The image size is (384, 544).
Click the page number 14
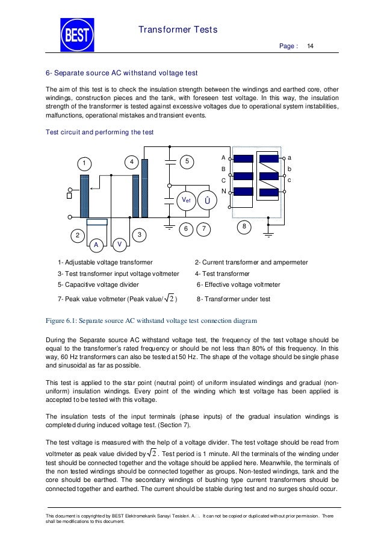[311, 46]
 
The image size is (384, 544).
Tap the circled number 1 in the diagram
[85, 163]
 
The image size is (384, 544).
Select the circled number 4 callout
[132, 161]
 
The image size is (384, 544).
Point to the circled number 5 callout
[187, 161]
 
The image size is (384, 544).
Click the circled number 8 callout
[244, 226]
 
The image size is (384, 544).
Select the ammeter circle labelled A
[96, 245]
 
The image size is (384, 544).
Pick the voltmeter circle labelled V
[120, 245]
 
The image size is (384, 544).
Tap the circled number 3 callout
[139, 234]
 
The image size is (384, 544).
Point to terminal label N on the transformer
[223, 191]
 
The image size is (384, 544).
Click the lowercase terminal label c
[290, 180]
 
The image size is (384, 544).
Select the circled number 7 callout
[205, 229]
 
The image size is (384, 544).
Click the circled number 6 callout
[185, 229]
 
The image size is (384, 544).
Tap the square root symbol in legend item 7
[169, 299]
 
